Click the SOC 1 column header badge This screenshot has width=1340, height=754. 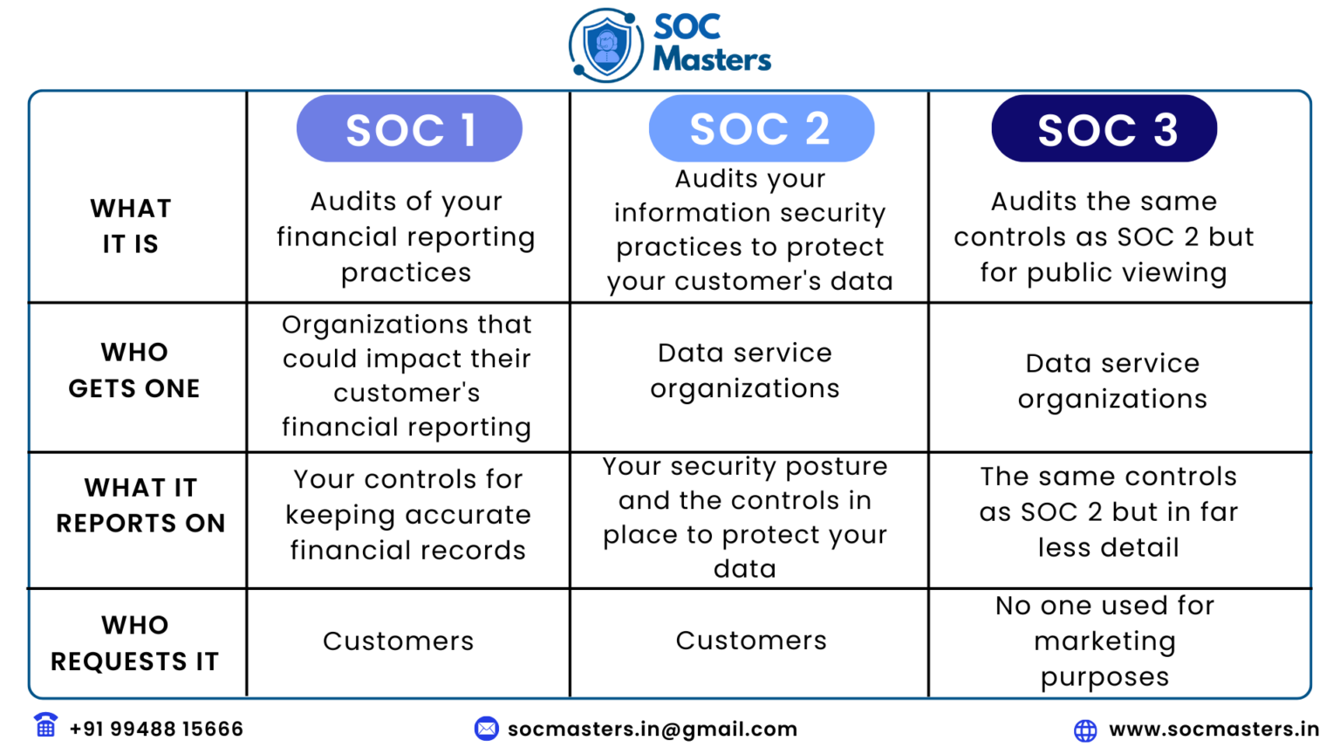tap(409, 129)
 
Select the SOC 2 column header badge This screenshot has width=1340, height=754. tap(761, 129)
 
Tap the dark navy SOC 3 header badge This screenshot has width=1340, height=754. tap(1104, 129)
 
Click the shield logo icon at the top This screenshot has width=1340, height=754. tap(606, 45)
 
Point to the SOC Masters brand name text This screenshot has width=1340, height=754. tap(710, 43)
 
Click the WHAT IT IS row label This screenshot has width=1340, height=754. tap(131, 226)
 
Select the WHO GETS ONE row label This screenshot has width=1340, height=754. tap(134, 370)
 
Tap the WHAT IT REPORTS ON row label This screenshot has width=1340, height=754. tap(140, 505)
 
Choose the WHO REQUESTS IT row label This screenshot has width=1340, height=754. tap(134, 643)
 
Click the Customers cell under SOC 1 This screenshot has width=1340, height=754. tap(399, 641)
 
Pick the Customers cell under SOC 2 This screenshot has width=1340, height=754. tap(751, 641)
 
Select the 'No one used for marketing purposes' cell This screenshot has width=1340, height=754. tap(1104, 641)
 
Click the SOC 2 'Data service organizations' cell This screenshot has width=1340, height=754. tap(745, 371)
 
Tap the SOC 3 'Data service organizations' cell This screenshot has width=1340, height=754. tap(1112, 380)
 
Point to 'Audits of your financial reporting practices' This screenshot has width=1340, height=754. tap(407, 236)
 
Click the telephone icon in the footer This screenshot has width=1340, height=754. tap(45, 725)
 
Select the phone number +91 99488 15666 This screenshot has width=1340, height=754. tap(156, 729)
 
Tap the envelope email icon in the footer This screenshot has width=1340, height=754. tap(486, 728)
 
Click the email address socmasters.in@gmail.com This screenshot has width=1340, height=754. tap(653, 729)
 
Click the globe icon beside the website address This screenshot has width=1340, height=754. tap(1085, 730)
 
